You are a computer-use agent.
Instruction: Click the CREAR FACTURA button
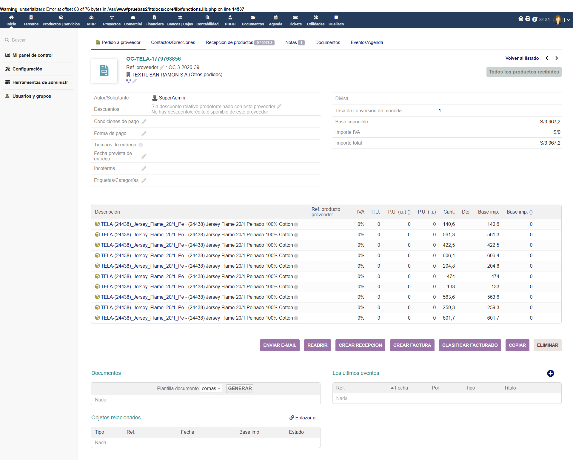coord(412,345)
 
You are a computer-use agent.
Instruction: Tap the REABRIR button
coord(318,345)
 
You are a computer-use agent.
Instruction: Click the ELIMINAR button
coord(547,345)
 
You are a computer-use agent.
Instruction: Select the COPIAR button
coord(517,345)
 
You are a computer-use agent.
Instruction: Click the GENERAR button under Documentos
coord(240,389)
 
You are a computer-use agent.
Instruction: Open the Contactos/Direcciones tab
coord(173,42)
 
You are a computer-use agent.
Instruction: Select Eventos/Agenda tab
coord(367,42)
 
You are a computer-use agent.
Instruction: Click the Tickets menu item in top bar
coord(295,20)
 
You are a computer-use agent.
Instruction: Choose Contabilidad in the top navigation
coord(207,20)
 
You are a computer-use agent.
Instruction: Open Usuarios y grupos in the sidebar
coord(32,96)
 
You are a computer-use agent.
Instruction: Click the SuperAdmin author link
coord(172,98)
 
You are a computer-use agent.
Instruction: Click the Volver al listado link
coord(522,58)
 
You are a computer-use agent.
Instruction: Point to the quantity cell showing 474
coord(451,277)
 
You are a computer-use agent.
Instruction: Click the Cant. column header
coord(449,212)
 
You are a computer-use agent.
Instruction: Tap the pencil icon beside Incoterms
coord(144,168)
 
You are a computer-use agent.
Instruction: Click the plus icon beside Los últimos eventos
coord(551,373)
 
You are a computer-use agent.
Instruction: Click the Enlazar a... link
coord(304,418)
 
